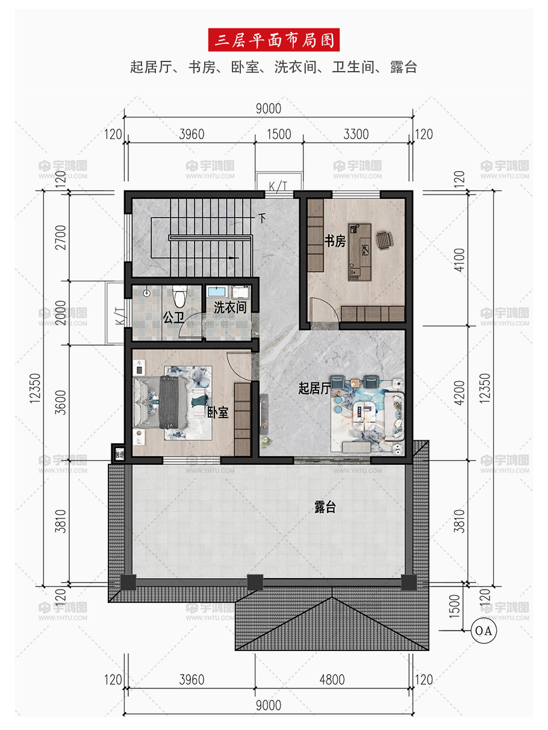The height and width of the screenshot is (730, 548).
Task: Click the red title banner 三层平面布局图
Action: coord(273,40)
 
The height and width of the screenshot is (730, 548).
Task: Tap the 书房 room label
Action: coord(335,241)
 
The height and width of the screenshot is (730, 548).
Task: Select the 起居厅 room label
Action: coord(314,388)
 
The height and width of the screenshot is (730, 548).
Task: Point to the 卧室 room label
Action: coord(218,413)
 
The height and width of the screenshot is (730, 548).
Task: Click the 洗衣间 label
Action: coord(230,307)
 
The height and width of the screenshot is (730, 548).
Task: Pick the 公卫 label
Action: coord(173,317)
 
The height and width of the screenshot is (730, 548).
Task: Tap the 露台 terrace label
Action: coord(325,507)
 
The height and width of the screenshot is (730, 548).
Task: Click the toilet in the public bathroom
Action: coord(180,296)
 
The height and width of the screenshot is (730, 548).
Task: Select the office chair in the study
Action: coord(384,240)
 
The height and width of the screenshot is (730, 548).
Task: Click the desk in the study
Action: coord(360,252)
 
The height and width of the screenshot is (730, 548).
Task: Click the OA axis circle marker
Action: coord(483,631)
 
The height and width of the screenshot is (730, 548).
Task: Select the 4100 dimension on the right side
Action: coord(459,260)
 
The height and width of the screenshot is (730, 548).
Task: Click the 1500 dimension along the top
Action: coord(279,134)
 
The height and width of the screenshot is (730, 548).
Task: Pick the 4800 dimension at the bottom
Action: coord(332,680)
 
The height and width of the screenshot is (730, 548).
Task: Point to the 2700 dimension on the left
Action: coord(61,237)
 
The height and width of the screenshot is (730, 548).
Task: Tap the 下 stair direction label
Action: coord(263,218)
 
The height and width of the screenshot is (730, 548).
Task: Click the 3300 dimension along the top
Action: coord(356,134)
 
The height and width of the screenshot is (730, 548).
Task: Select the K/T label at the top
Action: coord(278,187)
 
